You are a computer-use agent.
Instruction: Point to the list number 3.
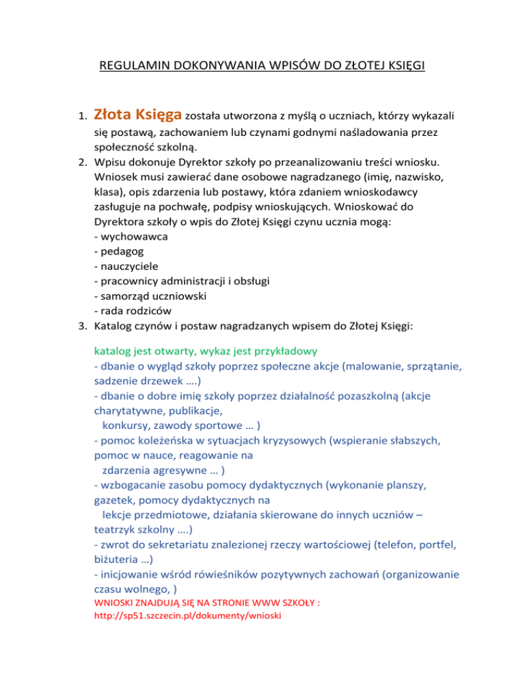click(x=83, y=327)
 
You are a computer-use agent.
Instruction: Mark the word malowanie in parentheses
click(x=353, y=366)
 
